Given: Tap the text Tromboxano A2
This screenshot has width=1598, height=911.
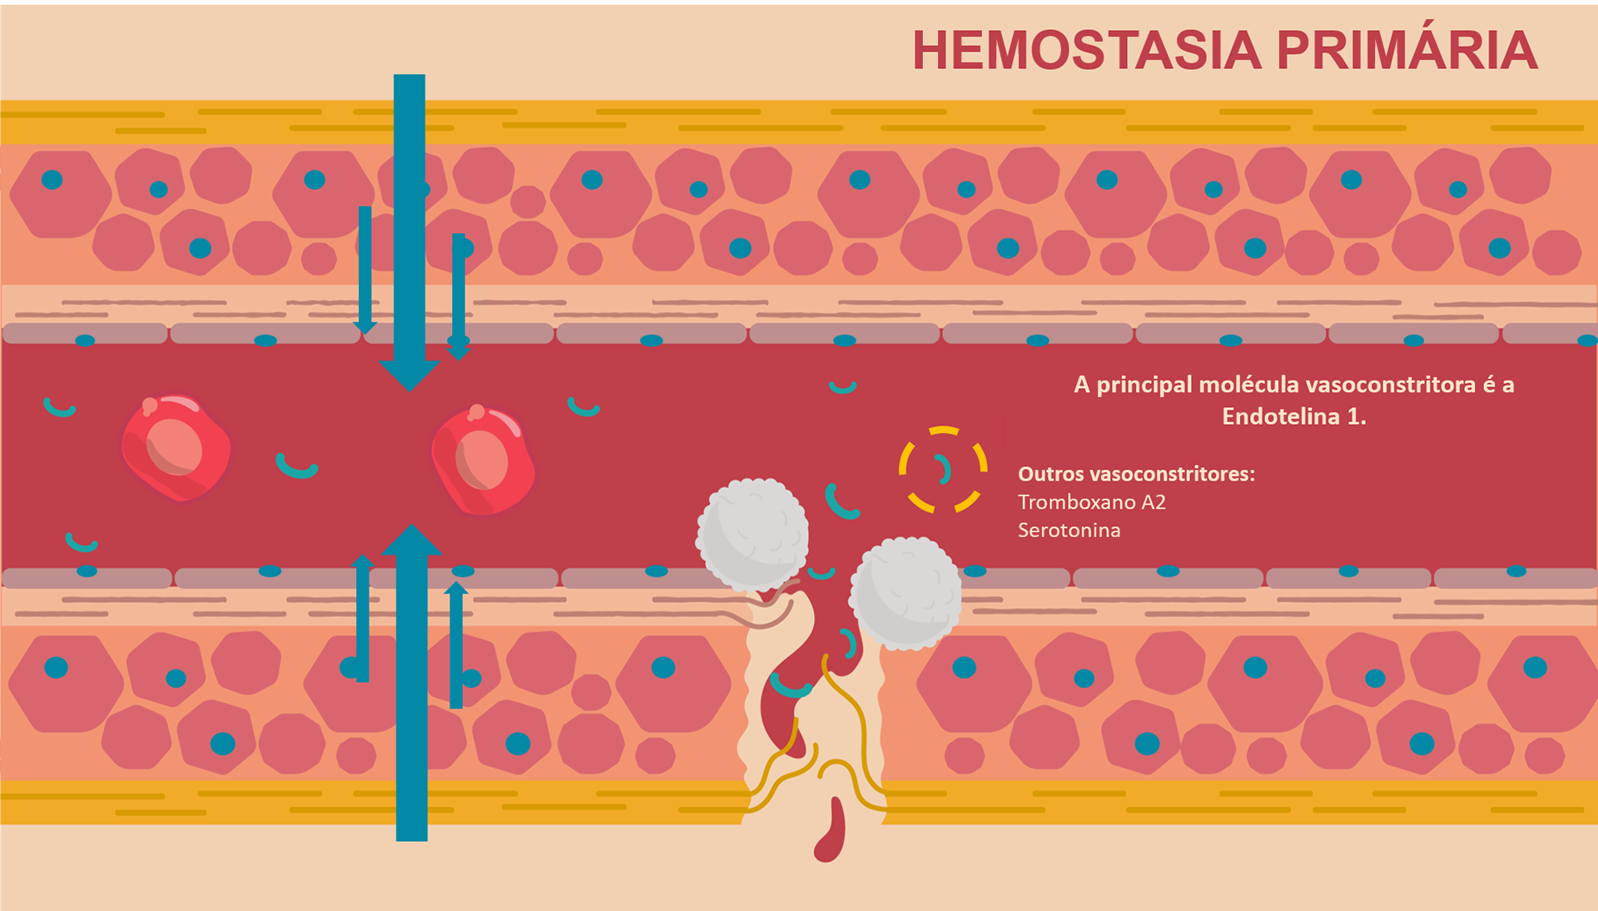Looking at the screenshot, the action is point(1092,502).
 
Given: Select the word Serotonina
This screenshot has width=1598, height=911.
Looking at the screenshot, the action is point(1069,530).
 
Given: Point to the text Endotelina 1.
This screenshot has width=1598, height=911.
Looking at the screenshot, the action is point(1294,416).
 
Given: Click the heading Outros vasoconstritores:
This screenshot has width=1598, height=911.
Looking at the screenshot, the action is point(1136,474).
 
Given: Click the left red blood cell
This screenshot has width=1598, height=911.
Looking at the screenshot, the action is point(176,448).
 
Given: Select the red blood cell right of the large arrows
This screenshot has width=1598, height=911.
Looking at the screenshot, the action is point(484,460).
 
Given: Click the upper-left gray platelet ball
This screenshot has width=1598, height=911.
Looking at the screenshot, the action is point(752,534).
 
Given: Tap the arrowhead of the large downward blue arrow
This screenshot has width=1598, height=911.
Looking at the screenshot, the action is point(409,376).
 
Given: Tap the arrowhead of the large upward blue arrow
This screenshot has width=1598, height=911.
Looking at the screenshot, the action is point(411,539).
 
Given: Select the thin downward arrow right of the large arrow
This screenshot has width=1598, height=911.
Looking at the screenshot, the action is point(459,296).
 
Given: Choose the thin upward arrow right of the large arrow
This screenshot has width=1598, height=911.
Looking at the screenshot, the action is point(456,645).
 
